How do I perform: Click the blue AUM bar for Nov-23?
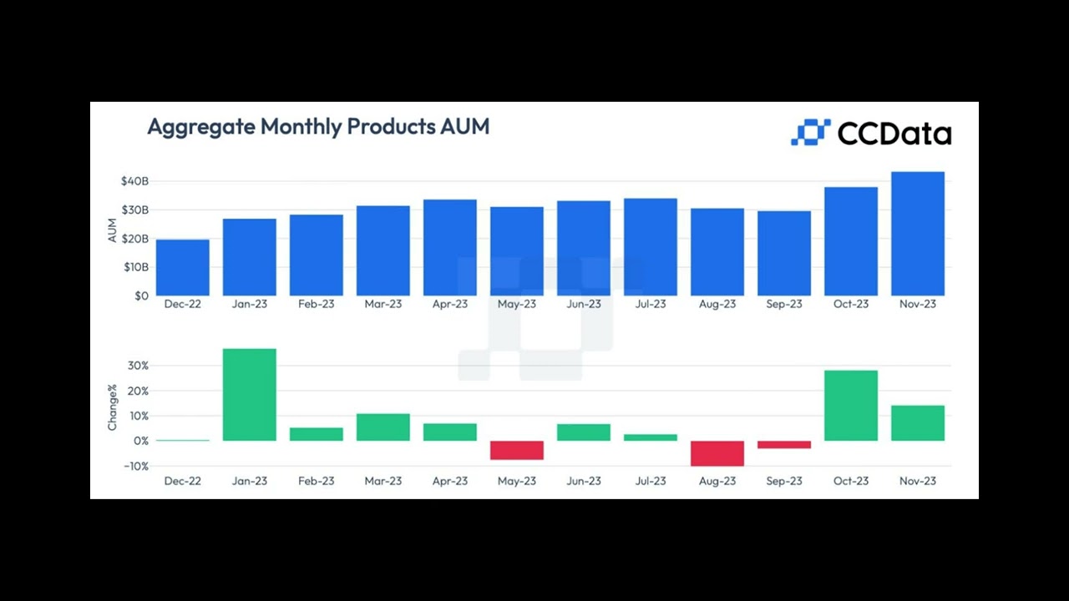[917, 234]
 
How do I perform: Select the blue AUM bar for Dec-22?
[182, 267]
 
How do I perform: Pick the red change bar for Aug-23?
[717, 453]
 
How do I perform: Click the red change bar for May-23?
[516, 450]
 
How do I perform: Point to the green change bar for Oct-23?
[850, 406]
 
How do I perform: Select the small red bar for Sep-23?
[783, 445]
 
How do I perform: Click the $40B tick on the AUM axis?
[134, 181]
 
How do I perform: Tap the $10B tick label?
[134, 267]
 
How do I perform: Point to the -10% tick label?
[134, 466]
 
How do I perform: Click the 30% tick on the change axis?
[138, 366]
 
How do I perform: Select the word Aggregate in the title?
[200, 127]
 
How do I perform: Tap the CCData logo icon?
[810, 132]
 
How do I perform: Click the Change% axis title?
[113, 407]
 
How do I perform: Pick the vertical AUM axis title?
[113, 230]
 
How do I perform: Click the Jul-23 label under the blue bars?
[650, 304]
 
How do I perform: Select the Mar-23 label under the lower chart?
[383, 481]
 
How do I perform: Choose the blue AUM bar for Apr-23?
[449, 247]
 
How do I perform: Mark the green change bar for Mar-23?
[383, 427]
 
